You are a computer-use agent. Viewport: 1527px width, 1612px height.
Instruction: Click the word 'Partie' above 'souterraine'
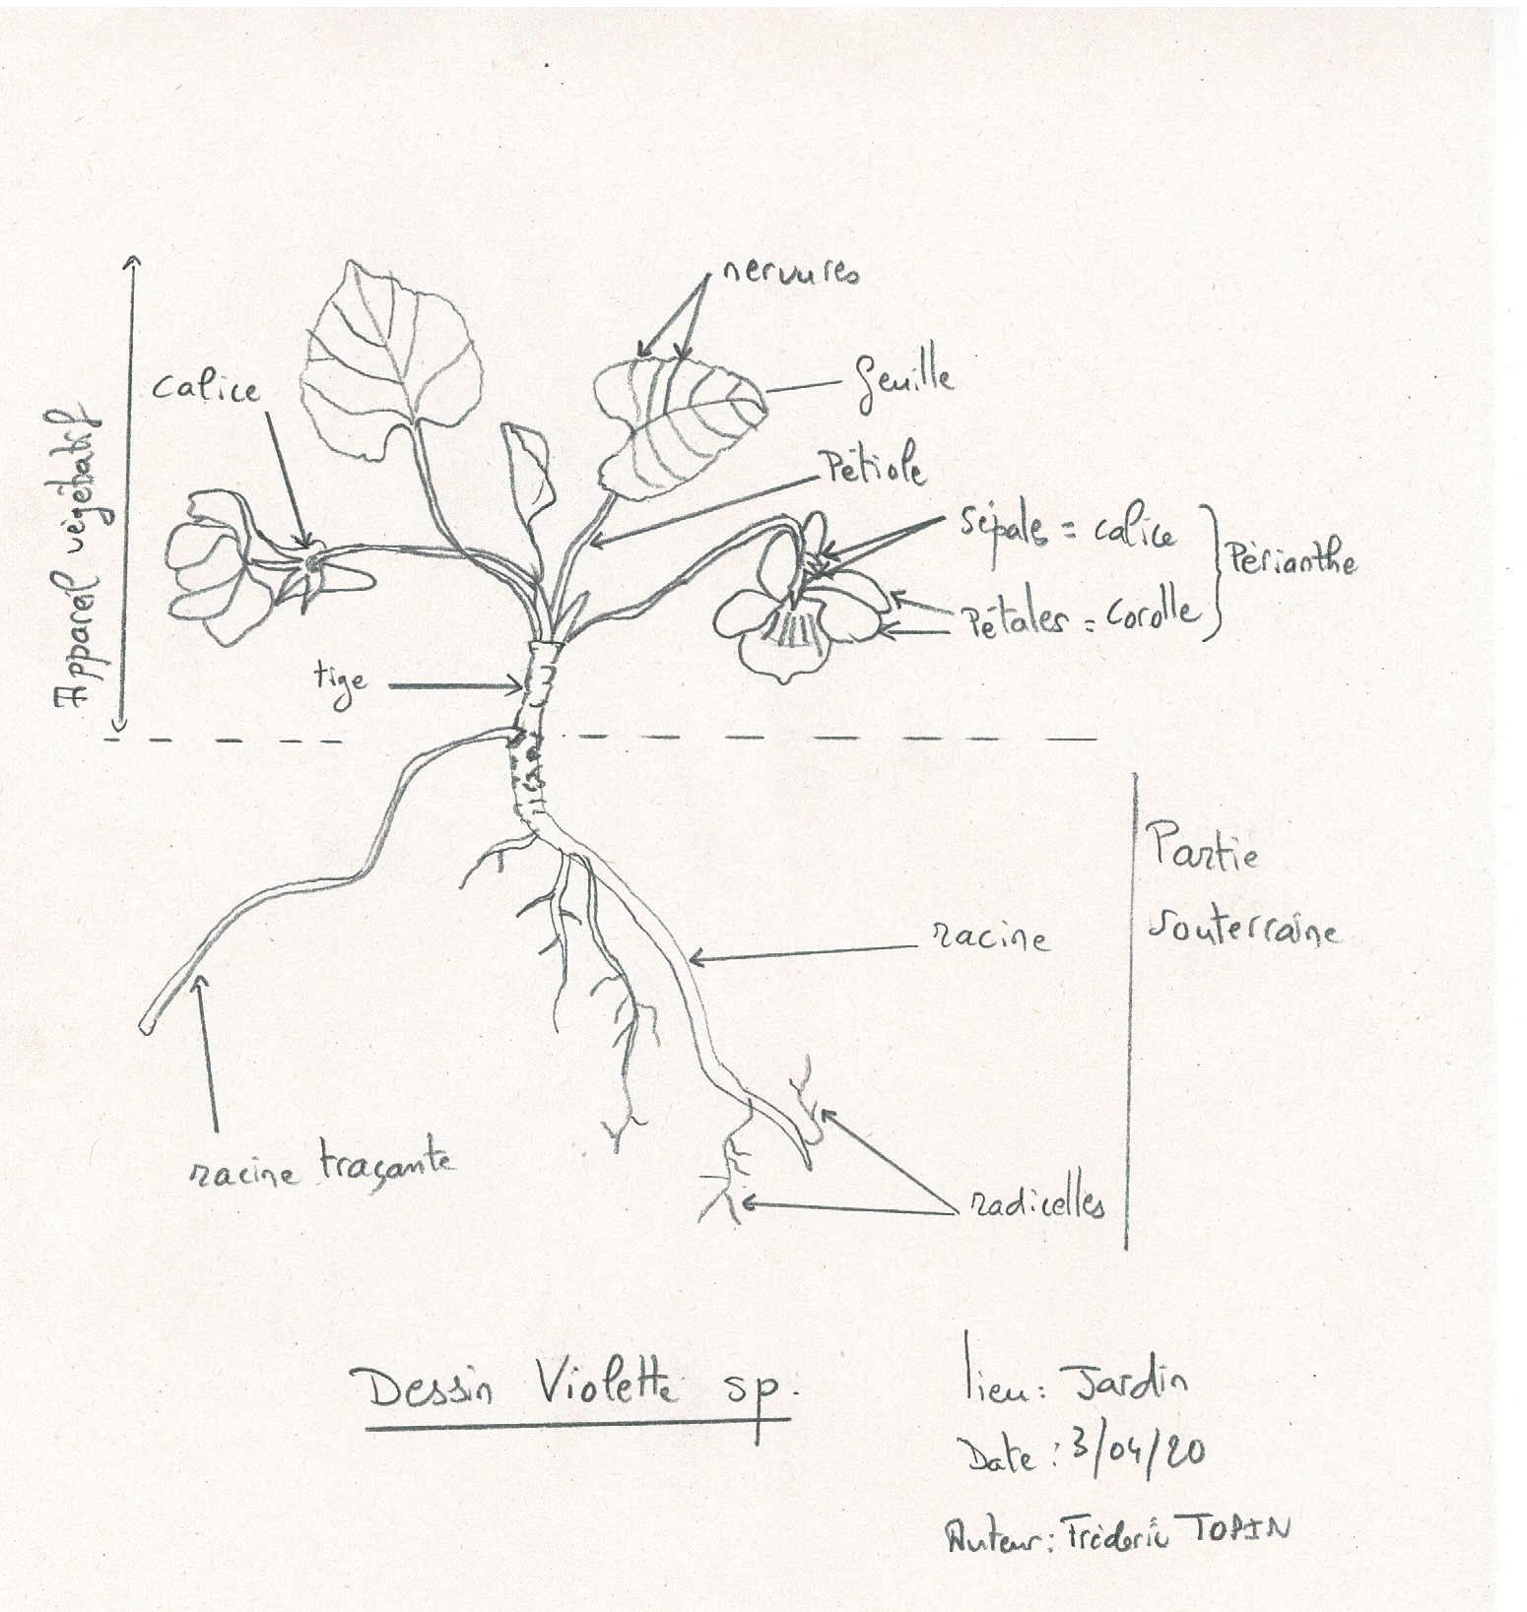[x=1202, y=850]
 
